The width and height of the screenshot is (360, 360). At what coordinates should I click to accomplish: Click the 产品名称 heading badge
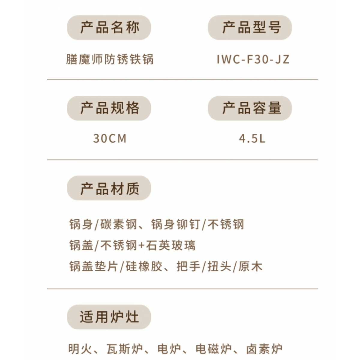[x=109, y=28]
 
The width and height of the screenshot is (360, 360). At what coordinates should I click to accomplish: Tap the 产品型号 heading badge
[x=250, y=28]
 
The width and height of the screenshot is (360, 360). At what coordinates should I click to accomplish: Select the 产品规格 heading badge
[x=109, y=108]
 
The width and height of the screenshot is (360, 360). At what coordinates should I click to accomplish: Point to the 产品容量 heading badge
[x=250, y=108]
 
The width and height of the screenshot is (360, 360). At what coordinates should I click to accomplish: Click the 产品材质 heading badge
[x=109, y=188]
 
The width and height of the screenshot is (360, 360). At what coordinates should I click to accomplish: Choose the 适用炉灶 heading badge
[x=109, y=317]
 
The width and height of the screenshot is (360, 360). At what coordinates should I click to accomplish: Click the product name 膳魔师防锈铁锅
[x=110, y=59]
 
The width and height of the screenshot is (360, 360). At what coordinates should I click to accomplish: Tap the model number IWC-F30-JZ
[x=253, y=59]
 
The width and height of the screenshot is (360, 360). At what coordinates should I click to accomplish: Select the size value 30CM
[x=110, y=139]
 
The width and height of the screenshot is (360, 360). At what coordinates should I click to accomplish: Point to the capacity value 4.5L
[x=252, y=139]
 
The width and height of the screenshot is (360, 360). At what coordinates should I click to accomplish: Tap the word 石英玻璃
[x=171, y=245]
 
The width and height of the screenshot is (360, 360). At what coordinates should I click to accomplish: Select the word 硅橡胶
[x=144, y=266]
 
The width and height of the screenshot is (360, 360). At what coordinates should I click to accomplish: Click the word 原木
[x=250, y=266]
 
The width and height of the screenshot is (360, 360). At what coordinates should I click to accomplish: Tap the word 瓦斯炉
[x=125, y=349]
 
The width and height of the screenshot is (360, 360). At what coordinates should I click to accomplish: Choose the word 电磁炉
[x=214, y=349]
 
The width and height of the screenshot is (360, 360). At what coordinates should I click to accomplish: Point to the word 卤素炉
[x=264, y=349]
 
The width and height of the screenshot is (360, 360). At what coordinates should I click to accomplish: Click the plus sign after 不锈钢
[x=141, y=246]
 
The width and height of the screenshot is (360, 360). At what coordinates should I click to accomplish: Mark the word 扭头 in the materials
[x=220, y=266]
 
